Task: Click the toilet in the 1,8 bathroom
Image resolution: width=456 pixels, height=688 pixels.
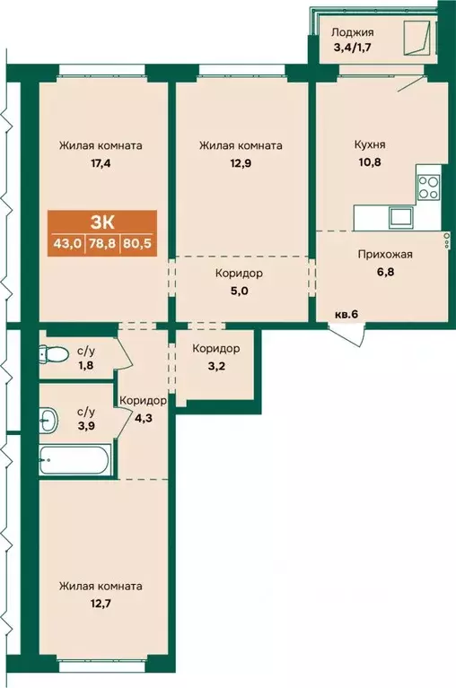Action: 54,353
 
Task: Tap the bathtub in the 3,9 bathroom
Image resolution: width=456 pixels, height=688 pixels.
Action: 74,460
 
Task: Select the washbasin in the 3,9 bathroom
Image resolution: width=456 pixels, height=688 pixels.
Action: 48,420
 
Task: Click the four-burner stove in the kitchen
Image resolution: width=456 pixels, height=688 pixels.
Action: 428,187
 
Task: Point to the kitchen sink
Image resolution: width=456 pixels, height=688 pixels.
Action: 399,216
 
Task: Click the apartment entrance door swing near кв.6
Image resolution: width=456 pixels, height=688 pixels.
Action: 346,335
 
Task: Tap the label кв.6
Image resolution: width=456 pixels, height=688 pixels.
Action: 346,314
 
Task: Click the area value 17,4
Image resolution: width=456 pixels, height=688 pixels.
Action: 101,163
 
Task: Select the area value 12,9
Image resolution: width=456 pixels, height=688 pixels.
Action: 240,163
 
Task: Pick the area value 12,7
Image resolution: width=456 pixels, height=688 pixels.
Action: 101,605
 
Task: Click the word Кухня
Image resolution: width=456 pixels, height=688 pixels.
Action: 370,144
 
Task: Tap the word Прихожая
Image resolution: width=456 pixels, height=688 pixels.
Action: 385,254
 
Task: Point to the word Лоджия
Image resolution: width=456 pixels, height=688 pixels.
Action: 353,32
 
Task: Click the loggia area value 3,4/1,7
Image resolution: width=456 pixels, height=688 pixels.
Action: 353,48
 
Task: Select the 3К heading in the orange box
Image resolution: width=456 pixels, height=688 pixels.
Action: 102,222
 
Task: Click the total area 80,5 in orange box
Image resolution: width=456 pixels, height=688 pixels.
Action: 138,243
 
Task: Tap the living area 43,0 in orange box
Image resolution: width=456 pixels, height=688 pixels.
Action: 67,243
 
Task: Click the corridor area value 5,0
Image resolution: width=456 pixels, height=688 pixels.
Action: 239,291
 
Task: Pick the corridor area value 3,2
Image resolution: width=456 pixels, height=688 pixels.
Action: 216,366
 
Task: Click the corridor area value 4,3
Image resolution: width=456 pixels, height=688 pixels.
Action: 143,418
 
